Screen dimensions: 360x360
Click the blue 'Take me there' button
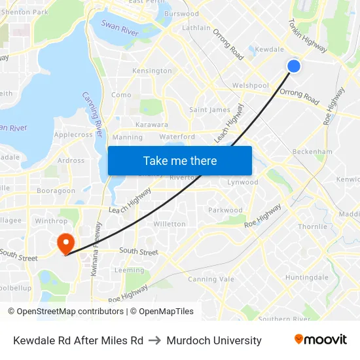[179, 160]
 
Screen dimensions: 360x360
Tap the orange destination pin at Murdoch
[65, 243]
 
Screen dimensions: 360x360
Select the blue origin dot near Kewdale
[293, 65]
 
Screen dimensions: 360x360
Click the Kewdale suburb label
[269, 50]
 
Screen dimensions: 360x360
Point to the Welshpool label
[250, 86]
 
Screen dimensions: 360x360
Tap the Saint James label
[209, 110]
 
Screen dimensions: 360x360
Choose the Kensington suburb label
[152, 71]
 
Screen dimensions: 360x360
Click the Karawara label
[151, 124]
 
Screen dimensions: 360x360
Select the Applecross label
[73, 135]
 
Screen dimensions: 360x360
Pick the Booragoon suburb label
[56, 191]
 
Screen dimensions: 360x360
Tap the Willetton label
[169, 224]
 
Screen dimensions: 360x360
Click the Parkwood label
[225, 211]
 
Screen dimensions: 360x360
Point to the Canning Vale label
[211, 279]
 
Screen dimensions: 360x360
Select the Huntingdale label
[306, 278]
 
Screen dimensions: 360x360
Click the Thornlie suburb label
[312, 227]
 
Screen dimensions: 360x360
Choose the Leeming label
[129, 270]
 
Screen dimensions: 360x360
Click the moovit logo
[320, 340]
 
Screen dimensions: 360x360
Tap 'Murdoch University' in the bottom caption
[214, 340]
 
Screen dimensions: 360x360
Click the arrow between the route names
[155, 340]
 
